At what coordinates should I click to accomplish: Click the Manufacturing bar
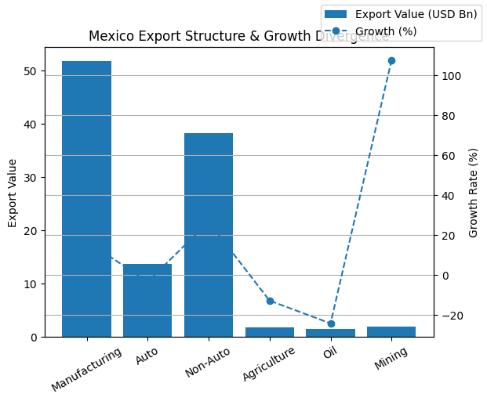86,199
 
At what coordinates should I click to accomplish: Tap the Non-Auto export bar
209,235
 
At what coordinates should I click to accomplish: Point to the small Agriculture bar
270,332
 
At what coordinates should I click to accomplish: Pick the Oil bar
330,333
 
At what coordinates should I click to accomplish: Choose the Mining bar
391,332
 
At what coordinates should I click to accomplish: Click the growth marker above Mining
391,60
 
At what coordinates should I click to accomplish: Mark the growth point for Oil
331,323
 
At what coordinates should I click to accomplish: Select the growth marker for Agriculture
270,301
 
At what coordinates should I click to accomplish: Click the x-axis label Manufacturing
87,369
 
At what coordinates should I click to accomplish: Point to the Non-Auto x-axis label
208,363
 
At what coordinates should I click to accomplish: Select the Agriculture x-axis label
269,364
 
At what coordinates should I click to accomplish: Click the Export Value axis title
13,193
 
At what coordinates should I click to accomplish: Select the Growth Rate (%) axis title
474,193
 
